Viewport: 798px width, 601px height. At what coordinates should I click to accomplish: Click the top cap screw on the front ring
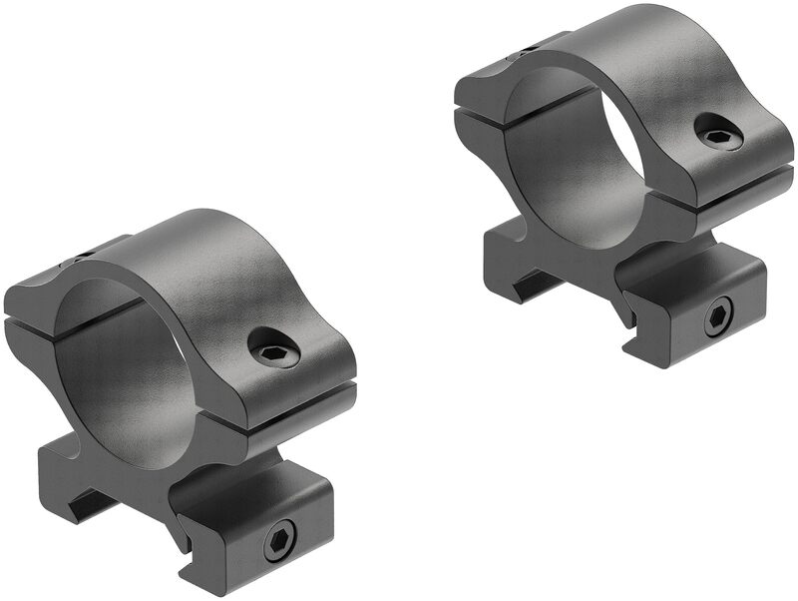272,349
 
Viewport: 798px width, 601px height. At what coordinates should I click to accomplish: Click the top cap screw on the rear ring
718,132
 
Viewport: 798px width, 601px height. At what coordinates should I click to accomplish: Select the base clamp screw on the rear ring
718,317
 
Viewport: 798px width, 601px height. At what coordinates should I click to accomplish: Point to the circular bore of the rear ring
574,160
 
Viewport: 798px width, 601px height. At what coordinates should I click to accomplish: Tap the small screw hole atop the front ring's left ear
80,263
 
